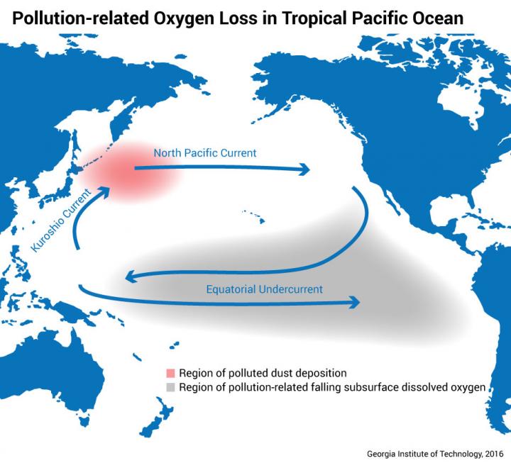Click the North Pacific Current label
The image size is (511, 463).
click(x=205, y=152)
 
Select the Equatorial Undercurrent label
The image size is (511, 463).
click(x=264, y=289)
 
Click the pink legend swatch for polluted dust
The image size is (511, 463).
click(x=169, y=373)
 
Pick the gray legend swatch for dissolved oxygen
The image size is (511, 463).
click(x=169, y=387)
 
